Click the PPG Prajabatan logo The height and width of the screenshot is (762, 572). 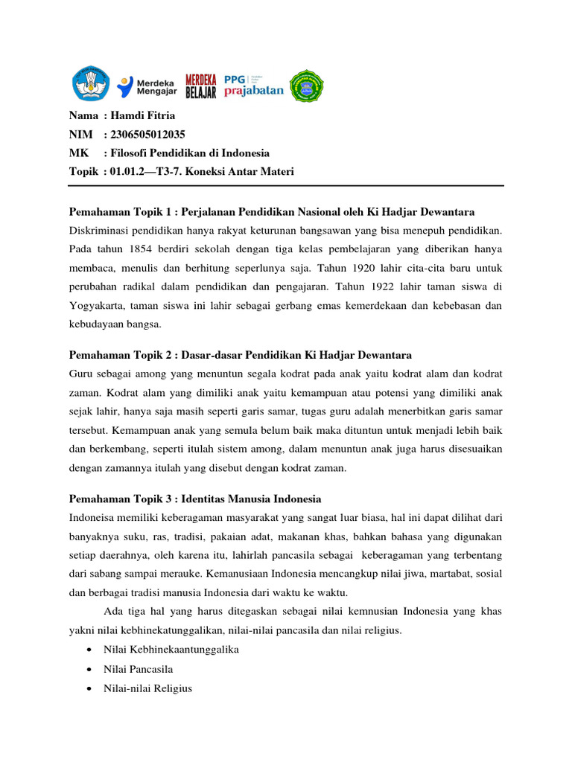click(253, 86)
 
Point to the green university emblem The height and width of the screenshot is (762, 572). click(307, 86)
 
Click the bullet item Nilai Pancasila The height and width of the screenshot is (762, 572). click(138, 669)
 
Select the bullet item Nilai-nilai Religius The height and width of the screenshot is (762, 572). click(147, 688)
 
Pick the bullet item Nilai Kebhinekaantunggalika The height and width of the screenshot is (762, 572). click(171, 650)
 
